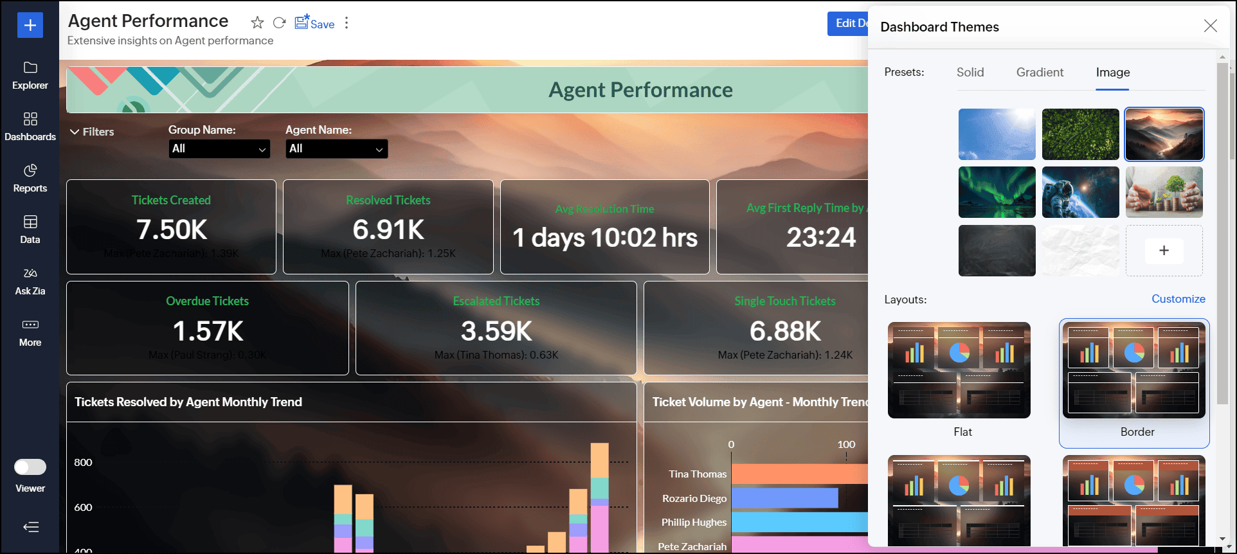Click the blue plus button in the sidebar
click(x=30, y=25)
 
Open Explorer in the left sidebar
click(x=30, y=75)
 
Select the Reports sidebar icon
click(x=30, y=178)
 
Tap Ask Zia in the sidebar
click(x=30, y=281)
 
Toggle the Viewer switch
click(x=30, y=467)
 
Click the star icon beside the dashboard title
click(x=257, y=23)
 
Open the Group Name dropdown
click(x=219, y=148)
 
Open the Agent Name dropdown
click(x=336, y=148)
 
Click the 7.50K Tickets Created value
click(x=172, y=230)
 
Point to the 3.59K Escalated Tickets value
click(x=496, y=332)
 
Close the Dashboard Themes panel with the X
click(x=1210, y=26)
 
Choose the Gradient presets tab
click(x=1040, y=73)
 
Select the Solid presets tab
click(x=970, y=73)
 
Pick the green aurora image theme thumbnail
click(x=997, y=192)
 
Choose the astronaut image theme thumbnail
click(x=1080, y=192)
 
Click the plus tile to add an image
click(x=1164, y=251)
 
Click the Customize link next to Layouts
click(x=1178, y=299)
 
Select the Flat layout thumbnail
click(x=959, y=370)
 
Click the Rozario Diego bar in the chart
click(x=784, y=498)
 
